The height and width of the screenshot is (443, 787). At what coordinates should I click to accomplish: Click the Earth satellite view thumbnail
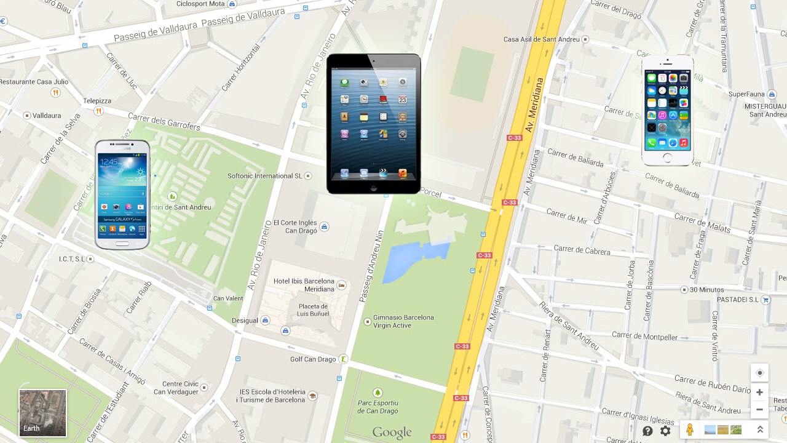click(x=42, y=413)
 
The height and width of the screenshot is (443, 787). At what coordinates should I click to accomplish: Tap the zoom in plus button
click(x=759, y=393)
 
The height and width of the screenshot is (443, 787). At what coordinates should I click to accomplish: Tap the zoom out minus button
click(x=759, y=410)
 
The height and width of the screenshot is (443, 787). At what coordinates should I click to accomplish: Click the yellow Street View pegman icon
click(x=690, y=430)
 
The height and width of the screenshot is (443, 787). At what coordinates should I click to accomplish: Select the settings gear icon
click(x=665, y=431)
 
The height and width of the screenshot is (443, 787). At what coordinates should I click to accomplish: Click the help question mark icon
click(x=647, y=431)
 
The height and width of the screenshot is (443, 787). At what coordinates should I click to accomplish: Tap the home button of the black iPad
click(x=373, y=188)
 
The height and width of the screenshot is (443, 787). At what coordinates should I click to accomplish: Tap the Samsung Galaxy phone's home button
click(x=122, y=243)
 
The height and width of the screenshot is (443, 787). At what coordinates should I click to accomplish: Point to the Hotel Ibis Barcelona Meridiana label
click(x=304, y=285)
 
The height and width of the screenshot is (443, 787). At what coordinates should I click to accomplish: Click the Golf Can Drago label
click(x=313, y=359)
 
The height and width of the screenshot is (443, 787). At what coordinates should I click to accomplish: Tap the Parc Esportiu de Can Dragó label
click(x=378, y=407)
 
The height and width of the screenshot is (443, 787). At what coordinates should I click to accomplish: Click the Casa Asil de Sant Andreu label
click(x=541, y=39)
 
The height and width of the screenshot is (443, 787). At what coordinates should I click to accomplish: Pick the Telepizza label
click(x=97, y=101)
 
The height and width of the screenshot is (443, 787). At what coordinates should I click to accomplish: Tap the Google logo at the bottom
click(x=392, y=433)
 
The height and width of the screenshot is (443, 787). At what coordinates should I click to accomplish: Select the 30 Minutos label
click(x=706, y=290)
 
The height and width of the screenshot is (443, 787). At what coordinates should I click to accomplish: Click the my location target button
click(x=759, y=373)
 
